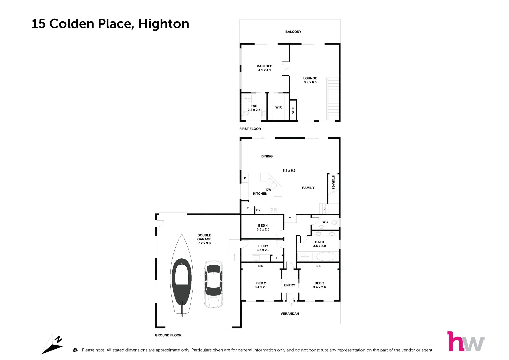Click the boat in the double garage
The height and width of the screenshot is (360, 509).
[x=182, y=275]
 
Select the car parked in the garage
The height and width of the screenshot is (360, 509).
[x=213, y=284]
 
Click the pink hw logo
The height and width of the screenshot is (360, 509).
[x=465, y=342]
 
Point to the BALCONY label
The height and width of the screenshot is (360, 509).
[x=293, y=32]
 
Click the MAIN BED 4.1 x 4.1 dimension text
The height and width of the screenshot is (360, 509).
[x=264, y=70]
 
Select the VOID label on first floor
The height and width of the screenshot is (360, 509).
[x=293, y=110]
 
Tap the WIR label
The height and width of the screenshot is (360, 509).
[x=278, y=108]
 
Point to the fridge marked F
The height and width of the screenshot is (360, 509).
[x=245, y=178]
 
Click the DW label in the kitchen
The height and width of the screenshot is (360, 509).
[x=269, y=190]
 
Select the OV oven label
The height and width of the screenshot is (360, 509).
[x=258, y=210]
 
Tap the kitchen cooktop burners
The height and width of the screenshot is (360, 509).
[x=273, y=210]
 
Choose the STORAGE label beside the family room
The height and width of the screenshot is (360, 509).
[x=333, y=182]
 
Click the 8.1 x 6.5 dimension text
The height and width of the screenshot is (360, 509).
[x=289, y=171]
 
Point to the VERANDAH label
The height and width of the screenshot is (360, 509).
[x=290, y=314]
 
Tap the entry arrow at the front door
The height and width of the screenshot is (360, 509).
[x=290, y=304]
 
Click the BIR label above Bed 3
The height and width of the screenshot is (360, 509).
[x=319, y=266]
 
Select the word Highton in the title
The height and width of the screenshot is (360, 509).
[x=164, y=24]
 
